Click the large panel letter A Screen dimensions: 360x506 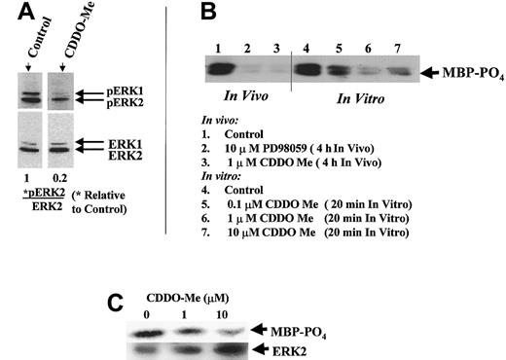[x=18, y=15]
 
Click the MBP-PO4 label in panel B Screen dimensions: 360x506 [x=464, y=71]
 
